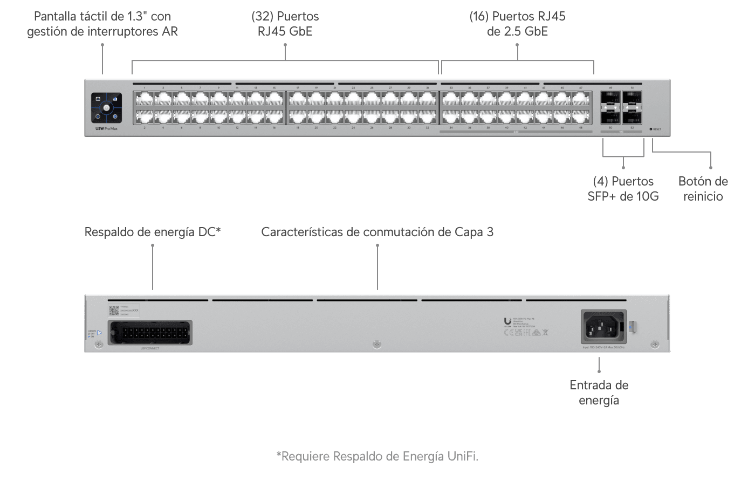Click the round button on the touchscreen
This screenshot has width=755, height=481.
tap(106, 108)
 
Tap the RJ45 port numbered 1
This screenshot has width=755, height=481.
tap(145, 99)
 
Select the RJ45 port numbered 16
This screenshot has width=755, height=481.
tap(274, 116)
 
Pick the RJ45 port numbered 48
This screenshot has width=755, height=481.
tap(580, 116)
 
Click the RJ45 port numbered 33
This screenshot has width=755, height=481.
tap(451, 99)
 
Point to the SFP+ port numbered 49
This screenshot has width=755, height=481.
tap(610, 99)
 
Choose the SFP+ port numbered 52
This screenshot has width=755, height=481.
tap(632, 116)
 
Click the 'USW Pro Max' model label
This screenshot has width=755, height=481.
tap(106, 128)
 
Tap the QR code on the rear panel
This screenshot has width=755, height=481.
tap(113, 310)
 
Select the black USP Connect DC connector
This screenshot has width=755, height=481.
tap(149, 332)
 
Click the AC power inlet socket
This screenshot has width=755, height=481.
tap(603, 326)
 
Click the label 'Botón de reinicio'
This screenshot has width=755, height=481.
tap(703, 189)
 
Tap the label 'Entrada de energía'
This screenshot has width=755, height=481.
tap(599, 393)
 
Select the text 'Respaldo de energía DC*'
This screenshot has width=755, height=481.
tap(153, 232)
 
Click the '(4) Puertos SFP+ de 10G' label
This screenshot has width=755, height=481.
tap(623, 189)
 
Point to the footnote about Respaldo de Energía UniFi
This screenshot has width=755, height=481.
tap(377, 456)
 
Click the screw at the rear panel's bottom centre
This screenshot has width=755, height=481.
tap(377, 344)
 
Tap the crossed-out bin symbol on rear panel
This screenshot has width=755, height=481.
tap(546, 333)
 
